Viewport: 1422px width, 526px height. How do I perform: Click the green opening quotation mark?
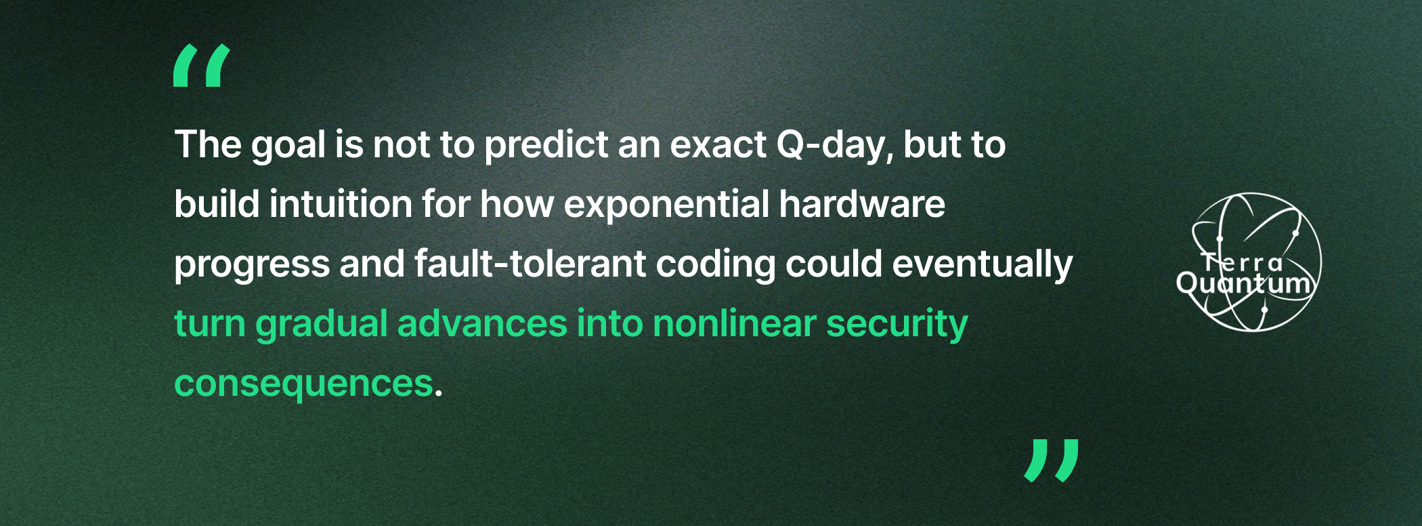point(202,66)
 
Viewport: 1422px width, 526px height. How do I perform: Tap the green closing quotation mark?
point(1052,460)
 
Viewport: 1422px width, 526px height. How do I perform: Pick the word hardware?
point(862,204)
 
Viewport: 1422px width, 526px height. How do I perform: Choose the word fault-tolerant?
point(530,264)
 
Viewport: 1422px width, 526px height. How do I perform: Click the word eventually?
point(983,264)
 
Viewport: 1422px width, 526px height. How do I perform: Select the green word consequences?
point(303,384)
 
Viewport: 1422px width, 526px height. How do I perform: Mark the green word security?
point(897,324)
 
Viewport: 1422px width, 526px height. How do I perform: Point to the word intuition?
point(341,204)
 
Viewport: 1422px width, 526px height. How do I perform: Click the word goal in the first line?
point(288,146)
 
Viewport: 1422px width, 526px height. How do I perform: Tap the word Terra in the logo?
point(1242,262)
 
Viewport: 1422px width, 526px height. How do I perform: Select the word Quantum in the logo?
point(1245,283)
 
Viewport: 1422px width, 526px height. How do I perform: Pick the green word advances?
point(482,323)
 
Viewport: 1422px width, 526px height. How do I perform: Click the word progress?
point(252,265)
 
